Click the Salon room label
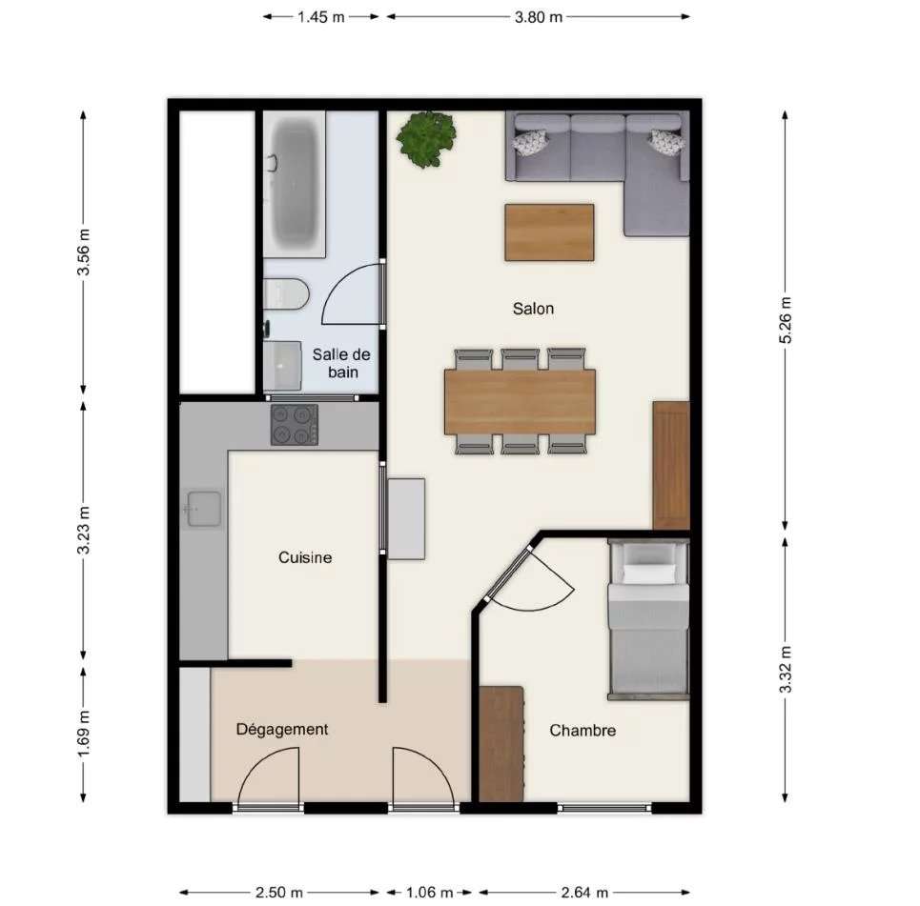(533, 309)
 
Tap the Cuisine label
(305, 557)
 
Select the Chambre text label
(583, 730)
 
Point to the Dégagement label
(281, 730)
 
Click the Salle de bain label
(341, 363)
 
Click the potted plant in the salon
(426, 139)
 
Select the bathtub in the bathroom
(295, 184)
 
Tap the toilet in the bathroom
(286, 293)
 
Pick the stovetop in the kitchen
(295, 425)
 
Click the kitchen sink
(203, 509)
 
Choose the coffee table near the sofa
(549, 232)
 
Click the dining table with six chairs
(520, 402)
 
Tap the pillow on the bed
(648, 573)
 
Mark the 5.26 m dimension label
(786, 320)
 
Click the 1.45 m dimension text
(321, 17)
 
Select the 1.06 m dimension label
(429, 893)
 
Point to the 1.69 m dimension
(84, 734)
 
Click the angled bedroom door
(508, 574)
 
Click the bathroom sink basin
(282, 366)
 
